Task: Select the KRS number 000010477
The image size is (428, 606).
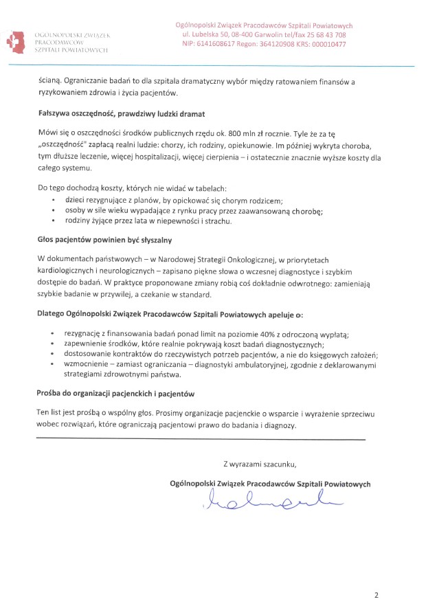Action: [324, 44]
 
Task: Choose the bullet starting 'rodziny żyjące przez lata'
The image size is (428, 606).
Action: [148, 221]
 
